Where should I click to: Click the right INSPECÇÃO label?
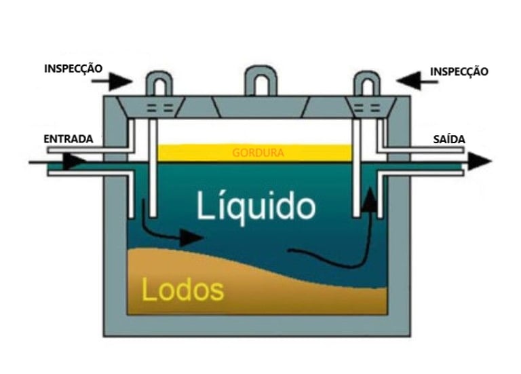click(x=459, y=71)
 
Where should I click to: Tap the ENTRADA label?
click(x=68, y=139)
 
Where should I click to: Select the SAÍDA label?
click(x=449, y=139)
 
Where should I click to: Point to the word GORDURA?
click(x=258, y=153)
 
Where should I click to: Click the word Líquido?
click(x=256, y=205)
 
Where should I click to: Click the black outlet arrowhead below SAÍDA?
click(x=479, y=162)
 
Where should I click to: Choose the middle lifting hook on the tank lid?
click(x=259, y=81)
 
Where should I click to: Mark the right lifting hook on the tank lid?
click(x=368, y=83)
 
